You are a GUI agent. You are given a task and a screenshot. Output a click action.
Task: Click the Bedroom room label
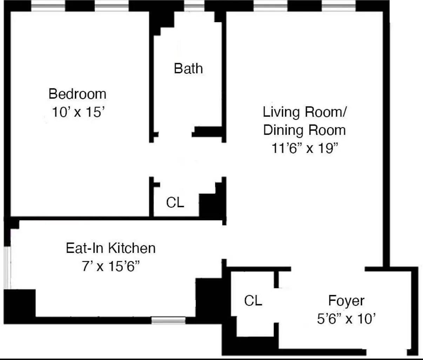77,94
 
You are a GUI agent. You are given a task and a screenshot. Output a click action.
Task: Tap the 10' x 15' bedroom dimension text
78,112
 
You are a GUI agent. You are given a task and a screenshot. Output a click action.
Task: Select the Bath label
188,68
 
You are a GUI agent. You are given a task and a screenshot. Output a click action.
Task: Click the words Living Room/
304,112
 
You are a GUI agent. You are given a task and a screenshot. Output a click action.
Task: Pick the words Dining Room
304,130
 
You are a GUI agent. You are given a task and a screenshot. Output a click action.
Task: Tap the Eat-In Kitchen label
111,248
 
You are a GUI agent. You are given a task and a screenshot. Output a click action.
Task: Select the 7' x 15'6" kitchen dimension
111,266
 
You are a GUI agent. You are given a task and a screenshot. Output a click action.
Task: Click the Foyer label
346,301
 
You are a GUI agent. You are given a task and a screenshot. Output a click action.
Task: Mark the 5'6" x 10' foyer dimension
346,319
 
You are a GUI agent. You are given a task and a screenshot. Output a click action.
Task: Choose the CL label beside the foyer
253,300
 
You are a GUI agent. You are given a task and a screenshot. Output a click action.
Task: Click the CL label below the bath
175,202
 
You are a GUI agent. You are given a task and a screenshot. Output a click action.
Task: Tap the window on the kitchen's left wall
7,267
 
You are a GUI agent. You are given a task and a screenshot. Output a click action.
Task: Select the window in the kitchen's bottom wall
168,320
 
